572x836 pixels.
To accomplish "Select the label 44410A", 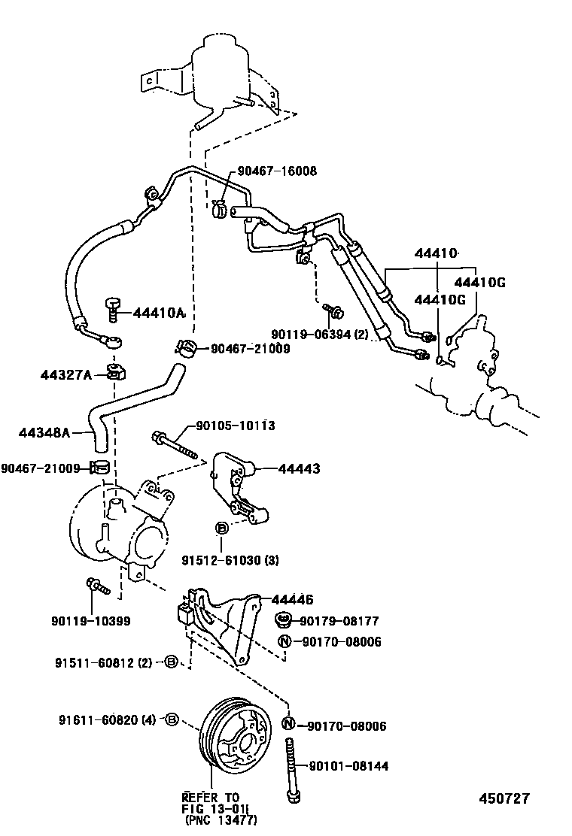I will [160, 313].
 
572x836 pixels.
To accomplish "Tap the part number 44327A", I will [65, 374].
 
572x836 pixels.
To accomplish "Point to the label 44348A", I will [44, 432].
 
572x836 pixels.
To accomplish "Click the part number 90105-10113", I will [235, 426].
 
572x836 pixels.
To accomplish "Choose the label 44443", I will [299, 468].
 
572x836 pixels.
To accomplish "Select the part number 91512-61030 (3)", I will [229, 560].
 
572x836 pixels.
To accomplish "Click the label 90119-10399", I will [91, 620].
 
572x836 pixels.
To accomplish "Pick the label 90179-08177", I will [339, 621].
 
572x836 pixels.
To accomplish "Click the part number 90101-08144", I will [348, 766].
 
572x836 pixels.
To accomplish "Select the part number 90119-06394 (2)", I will [320, 335].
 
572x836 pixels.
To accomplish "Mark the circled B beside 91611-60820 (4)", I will [171, 720].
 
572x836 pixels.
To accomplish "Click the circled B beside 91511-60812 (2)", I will [171, 662].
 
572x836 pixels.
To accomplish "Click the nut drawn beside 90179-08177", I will [284, 620].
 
